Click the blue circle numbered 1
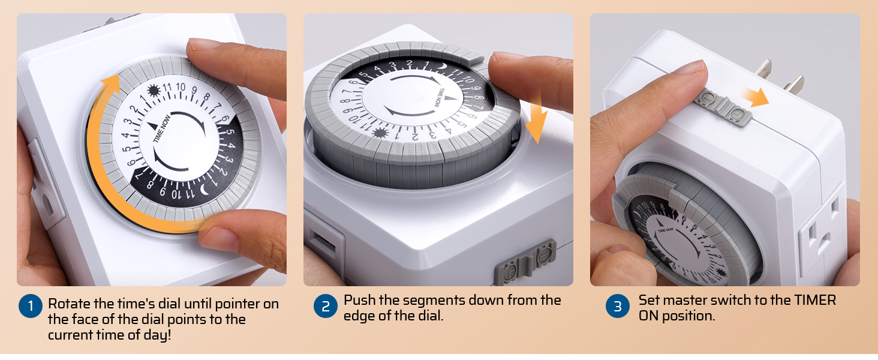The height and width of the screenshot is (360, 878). pyautogui.click(x=31, y=306)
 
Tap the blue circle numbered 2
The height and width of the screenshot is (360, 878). pyautogui.click(x=325, y=306)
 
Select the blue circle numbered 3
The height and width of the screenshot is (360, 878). pyautogui.click(x=617, y=306)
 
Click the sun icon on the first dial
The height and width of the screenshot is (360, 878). pyautogui.click(x=154, y=91)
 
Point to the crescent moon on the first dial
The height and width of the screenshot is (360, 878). pyautogui.click(x=205, y=190)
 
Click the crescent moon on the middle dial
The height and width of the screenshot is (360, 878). pyautogui.click(x=443, y=67)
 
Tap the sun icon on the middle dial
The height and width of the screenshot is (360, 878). pyautogui.click(x=380, y=133)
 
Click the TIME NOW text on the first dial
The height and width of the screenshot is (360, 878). pyautogui.click(x=161, y=128)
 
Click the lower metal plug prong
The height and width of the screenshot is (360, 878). pyautogui.click(x=794, y=85)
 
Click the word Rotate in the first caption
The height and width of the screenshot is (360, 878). pyautogui.click(x=69, y=304)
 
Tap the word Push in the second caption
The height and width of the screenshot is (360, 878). pyautogui.click(x=360, y=301)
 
